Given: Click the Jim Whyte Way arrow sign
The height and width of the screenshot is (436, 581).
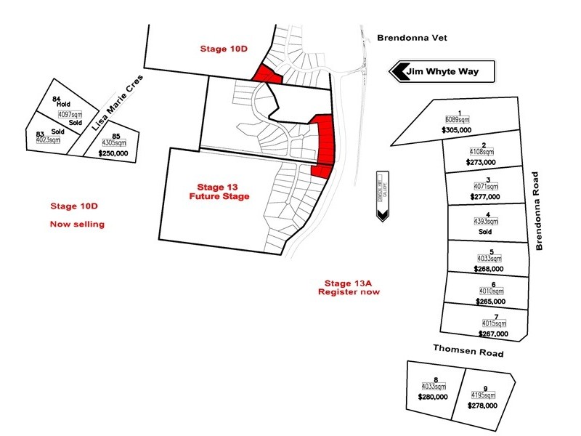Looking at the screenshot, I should [443, 72].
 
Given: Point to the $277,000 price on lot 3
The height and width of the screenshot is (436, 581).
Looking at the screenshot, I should [482, 196].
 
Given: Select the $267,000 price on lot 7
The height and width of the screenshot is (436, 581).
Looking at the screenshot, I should [493, 334].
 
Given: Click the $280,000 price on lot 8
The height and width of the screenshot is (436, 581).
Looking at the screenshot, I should [433, 397].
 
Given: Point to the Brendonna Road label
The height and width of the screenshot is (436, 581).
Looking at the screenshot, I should [539, 211].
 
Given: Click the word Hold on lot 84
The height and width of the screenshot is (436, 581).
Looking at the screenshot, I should [62, 104].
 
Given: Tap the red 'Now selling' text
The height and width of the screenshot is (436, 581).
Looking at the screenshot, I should [77, 224].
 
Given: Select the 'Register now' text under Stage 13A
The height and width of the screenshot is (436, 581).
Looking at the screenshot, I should [349, 291].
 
